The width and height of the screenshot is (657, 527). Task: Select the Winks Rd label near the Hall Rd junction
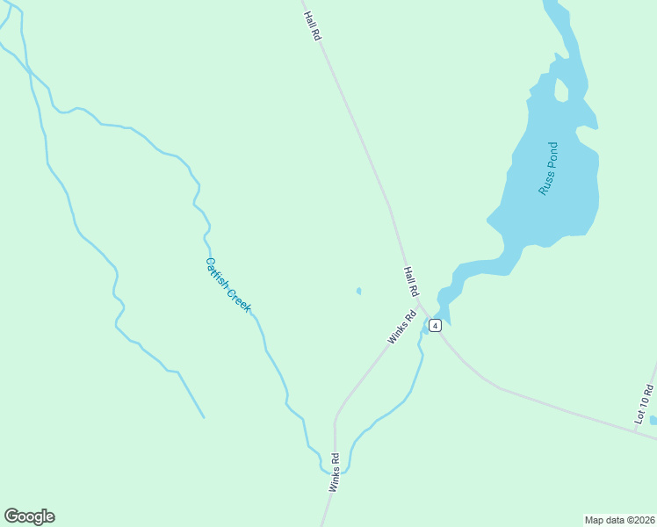[401, 328]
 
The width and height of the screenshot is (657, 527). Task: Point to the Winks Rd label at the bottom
[334, 473]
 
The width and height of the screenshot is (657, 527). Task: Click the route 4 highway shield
[435, 325]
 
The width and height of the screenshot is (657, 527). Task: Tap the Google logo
[29, 516]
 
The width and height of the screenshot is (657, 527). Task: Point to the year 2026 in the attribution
[644, 520]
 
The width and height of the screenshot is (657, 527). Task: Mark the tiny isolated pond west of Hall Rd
[358, 291]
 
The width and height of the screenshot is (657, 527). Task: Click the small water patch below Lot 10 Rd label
[653, 420]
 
